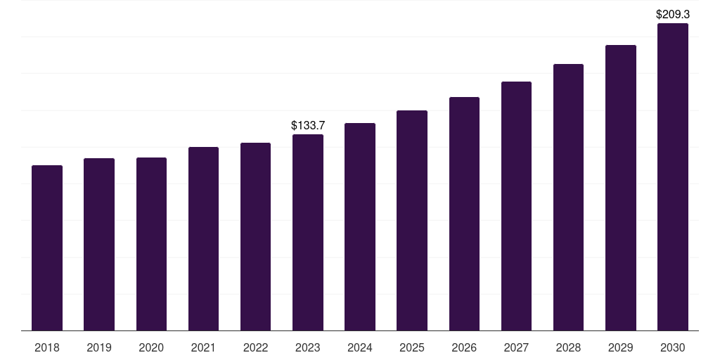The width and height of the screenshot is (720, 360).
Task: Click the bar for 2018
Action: tap(47, 247)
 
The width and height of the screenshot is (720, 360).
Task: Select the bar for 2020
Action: tap(151, 244)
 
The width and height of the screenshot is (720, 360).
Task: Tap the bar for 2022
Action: tap(255, 236)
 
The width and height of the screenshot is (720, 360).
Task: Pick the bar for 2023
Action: tap(308, 232)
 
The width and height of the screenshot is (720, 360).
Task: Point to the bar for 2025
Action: tap(412, 220)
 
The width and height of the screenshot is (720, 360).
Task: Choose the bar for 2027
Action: tap(516, 206)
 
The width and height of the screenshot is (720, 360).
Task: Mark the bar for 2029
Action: tap(620, 188)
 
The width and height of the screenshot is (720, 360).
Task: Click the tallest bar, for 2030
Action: tap(673, 176)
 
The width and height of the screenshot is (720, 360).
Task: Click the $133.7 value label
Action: tap(308, 125)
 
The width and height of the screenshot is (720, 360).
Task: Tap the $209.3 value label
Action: tap(673, 14)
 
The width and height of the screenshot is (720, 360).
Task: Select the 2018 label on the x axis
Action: tap(47, 347)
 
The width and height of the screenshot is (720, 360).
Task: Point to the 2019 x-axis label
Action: tap(99, 347)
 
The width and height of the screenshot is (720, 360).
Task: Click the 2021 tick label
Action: tap(203, 347)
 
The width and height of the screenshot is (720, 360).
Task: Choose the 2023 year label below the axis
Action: tap(308, 347)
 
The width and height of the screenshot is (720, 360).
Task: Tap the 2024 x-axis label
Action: tap(360, 347)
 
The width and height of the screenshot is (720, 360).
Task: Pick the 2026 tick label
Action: tap(464, 347)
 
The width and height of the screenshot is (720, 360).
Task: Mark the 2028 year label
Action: tap(568, 347)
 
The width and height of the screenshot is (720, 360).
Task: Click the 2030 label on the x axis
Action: tap(673, 347)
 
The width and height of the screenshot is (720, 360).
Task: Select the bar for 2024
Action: tap(360, 226)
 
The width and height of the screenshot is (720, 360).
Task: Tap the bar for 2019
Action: tap(99, 244)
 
